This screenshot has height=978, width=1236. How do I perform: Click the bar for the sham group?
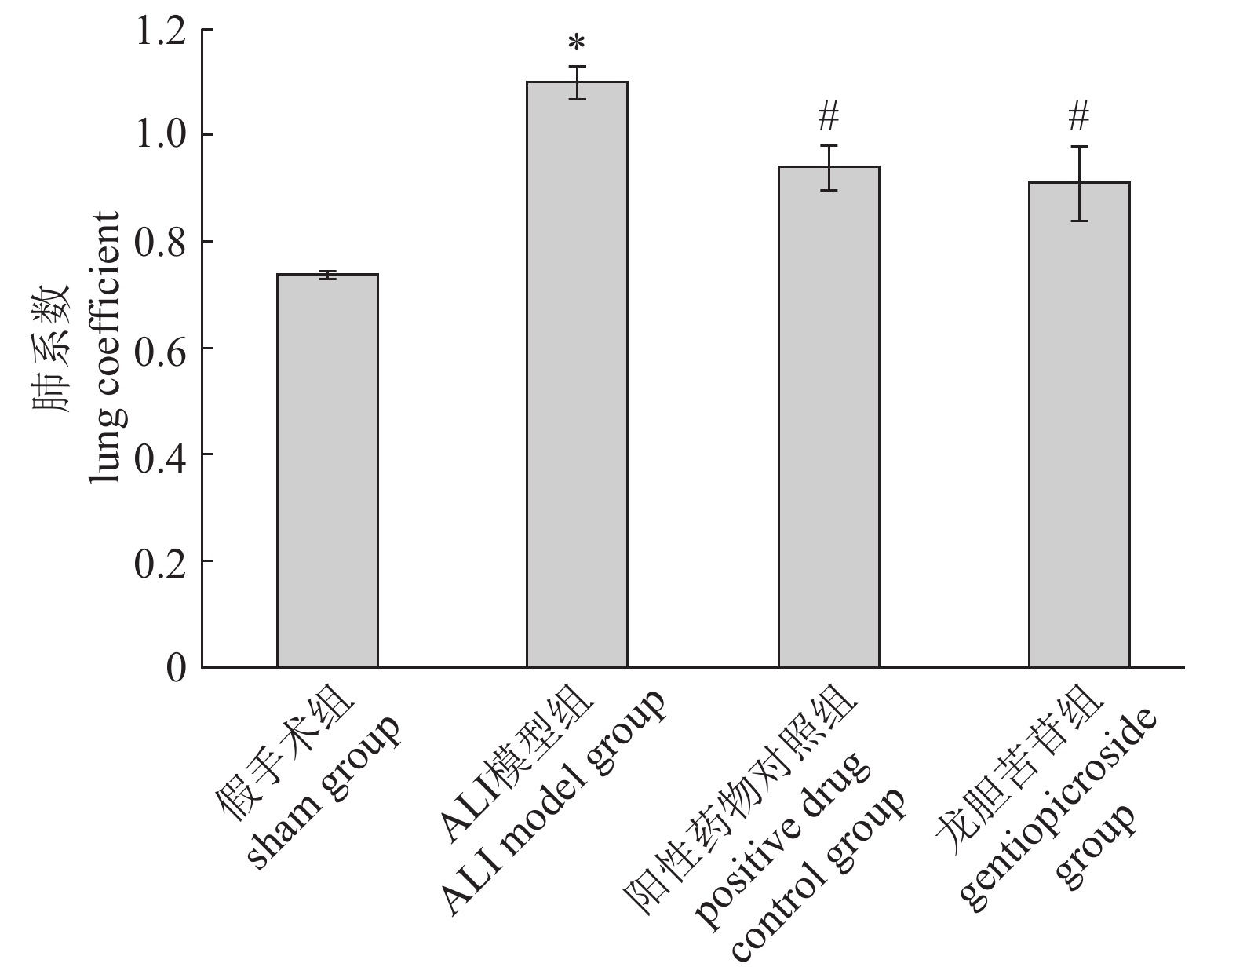tap(327, 471)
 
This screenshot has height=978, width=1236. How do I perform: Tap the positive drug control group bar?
tap(829, 417)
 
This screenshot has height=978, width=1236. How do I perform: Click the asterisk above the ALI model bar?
tap(578, 43)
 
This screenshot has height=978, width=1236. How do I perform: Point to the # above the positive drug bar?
tap(829, 118)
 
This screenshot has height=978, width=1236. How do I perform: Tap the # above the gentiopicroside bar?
tap(1079, 118)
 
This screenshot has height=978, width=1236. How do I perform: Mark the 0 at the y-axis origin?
tap(178, 668)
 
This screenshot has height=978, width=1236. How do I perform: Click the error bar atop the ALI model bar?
tap(578, 82)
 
